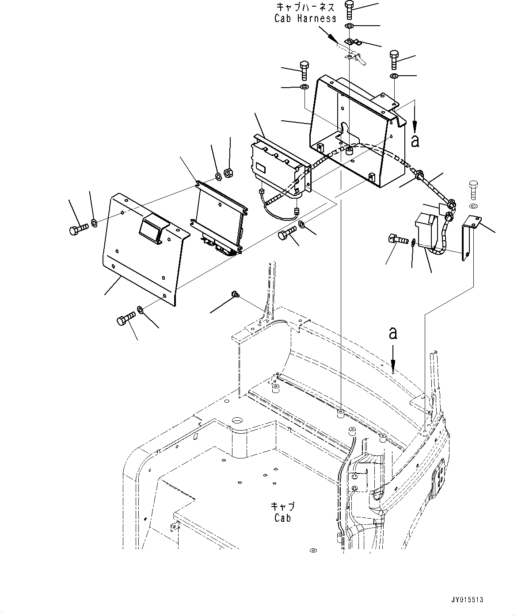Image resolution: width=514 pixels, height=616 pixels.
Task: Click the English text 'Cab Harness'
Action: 305,18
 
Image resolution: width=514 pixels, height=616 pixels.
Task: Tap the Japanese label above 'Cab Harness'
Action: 305,7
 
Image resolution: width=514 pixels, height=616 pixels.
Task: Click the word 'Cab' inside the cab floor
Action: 283,518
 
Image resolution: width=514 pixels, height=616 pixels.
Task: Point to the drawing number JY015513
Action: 467,600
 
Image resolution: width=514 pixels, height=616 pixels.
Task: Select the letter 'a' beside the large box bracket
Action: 415,141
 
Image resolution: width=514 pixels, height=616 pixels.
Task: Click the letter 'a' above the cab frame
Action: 392,333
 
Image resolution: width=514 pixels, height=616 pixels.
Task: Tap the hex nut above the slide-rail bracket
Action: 228,172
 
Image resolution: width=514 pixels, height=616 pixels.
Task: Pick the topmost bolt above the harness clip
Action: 349,9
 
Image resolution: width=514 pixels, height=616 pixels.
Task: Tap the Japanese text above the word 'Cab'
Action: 283,507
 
